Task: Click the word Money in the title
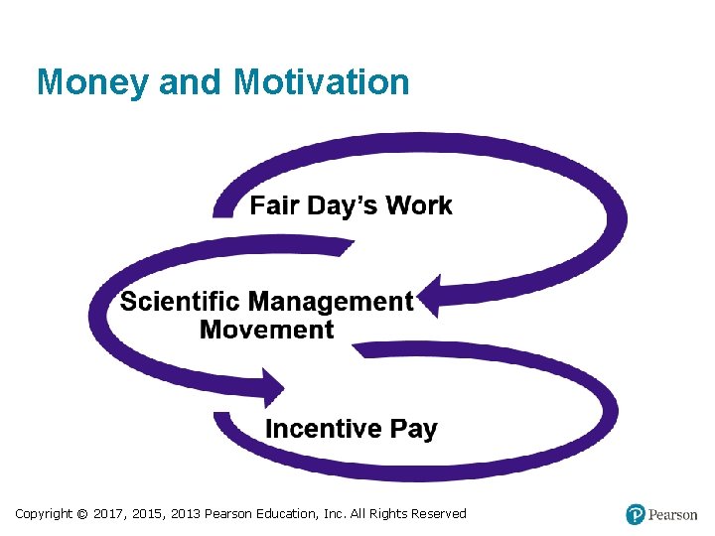91,82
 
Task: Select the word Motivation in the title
322,82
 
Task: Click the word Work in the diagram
419,205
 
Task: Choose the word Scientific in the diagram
180,302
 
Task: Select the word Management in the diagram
331,302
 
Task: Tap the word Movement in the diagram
266,330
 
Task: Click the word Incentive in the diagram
323,429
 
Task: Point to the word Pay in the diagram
413,429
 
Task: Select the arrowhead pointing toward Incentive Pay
270,387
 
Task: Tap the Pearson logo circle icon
636,514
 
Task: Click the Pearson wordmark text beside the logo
673,514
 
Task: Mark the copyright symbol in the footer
82,514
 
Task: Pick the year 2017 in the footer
108,514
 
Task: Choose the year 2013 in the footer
185,514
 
